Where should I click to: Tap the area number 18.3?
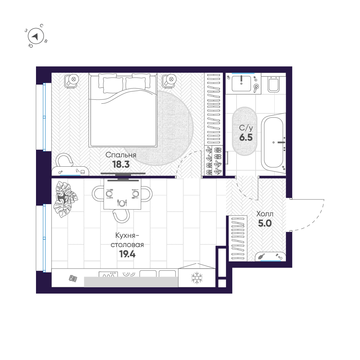click(x=121, y=165)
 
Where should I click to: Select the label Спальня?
click(x=121, y=155)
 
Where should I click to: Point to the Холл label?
click(x=265, y=214)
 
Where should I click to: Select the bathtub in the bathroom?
click(x=274, y=142)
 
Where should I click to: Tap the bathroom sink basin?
click(x=241, y=84)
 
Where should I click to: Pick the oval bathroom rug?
click(x=245, y=131)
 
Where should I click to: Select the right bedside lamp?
click(x=170, y=80)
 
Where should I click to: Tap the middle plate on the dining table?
click(x=122, y=203)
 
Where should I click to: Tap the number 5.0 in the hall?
click(x=265, y=223)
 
